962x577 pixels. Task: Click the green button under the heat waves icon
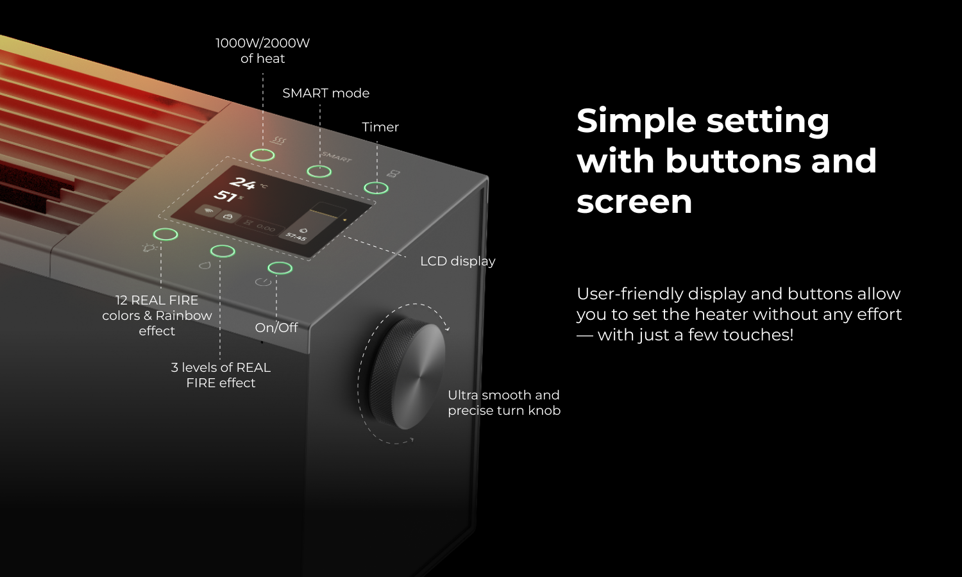pyautogui.click(x=262, y=155)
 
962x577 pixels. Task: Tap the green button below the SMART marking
pyautogui.click(x=319, y=172)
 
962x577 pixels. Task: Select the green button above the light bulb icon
pyautogui.click(x=165, y=235)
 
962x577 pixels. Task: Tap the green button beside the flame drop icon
pyautogui.click(x=223, y=251)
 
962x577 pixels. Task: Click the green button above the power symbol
pyautogui.click(x=280, y=269)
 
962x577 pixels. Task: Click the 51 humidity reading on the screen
pyautogui.click(x=225, y=196)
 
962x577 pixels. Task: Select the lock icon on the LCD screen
pyautogui.click(x=228, y=216)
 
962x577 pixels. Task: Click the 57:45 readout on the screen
pyautogui.click(x=296, y=237)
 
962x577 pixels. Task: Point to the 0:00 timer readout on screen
pyautogui.click(x=266, y=228)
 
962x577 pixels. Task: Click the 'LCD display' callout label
pyautogui.click(x=458, y=261)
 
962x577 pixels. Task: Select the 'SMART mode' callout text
pyautogui.click(x=326, y=93)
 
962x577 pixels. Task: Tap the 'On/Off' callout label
pyautogui.click(x=276, y=328)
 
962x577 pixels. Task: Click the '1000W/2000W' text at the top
pyautogui.click(x=262, y=43)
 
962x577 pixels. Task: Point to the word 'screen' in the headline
pyautogui.click(x=634, y=202)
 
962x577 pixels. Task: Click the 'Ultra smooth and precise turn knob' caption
pyautogui.click(x=504, y=403)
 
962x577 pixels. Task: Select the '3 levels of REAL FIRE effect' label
pyautogui.click(x=221, y=375)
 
